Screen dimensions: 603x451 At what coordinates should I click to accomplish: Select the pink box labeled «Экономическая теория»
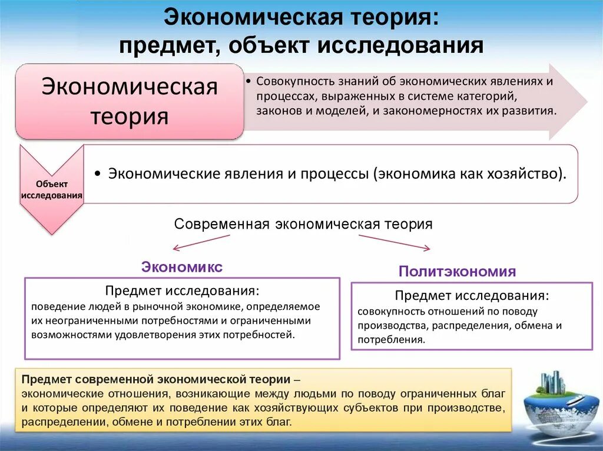129,101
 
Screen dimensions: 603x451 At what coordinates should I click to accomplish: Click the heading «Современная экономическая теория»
303,224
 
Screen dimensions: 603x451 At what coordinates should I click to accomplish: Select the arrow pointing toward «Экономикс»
201,242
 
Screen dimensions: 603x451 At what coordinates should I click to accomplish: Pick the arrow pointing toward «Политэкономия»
394,242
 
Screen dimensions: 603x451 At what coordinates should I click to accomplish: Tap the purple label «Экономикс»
182,267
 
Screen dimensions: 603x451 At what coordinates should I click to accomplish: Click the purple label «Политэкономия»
457,271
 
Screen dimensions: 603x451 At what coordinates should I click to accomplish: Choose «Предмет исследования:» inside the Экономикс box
182,291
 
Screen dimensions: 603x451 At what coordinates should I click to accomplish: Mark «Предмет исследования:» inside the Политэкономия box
472,295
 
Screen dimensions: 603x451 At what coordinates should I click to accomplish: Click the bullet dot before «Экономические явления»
97,174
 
